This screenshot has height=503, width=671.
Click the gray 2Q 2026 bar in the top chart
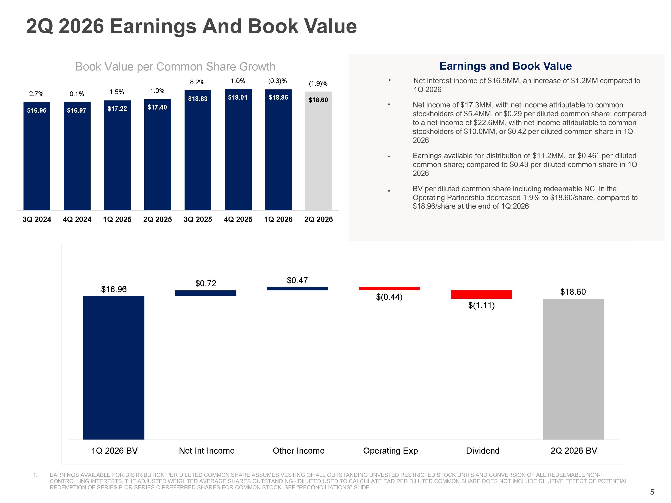319,151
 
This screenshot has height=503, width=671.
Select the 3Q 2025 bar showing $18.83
198,150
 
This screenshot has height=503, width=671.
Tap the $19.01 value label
238,97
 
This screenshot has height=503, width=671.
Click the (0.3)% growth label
278,81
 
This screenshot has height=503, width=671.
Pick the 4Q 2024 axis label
77,219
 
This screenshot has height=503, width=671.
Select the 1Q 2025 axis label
117,219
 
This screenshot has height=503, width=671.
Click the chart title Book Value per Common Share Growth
175,67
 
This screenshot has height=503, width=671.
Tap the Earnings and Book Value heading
505,66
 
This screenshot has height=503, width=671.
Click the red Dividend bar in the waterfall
481,294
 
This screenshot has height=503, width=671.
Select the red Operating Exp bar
389,289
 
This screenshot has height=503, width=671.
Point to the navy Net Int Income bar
206,293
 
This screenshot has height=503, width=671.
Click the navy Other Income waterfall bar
297,289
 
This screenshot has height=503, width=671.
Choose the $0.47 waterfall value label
297,281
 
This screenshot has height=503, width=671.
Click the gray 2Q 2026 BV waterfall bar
573,369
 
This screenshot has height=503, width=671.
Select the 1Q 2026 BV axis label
115,450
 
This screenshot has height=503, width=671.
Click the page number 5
652,492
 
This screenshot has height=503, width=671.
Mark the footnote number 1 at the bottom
35,475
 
